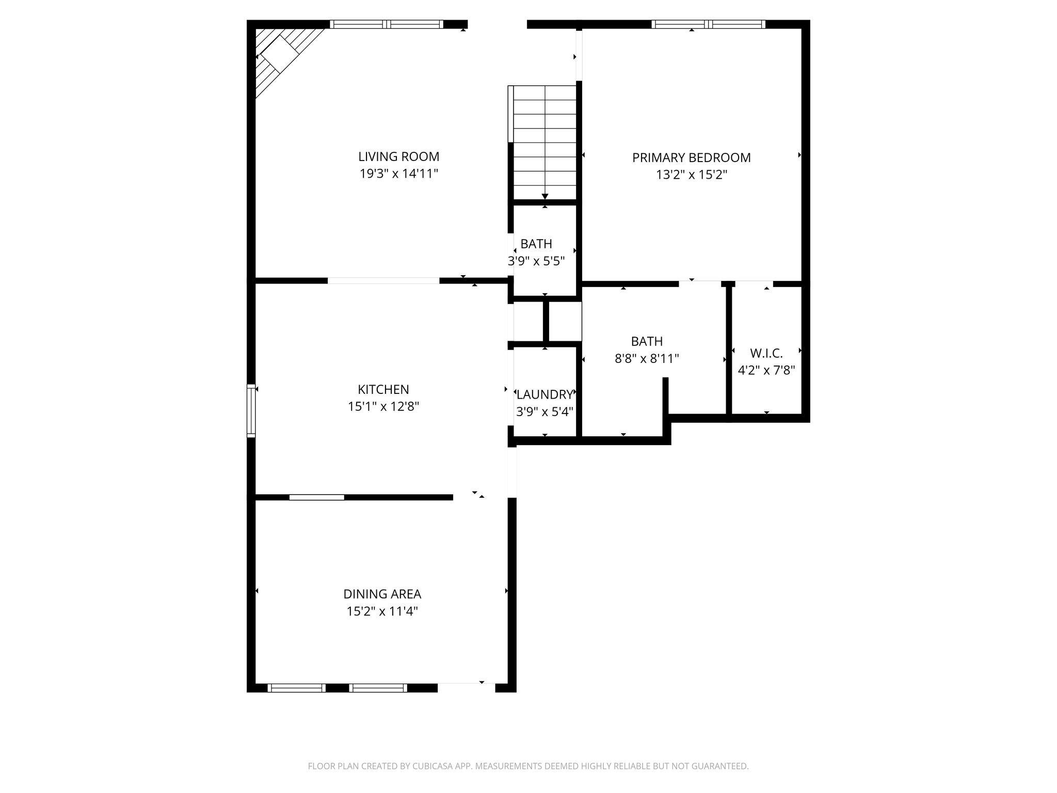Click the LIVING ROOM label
(x=398, y=156)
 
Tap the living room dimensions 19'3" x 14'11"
(x=398, y=173)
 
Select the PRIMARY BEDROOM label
(x=691, y=157)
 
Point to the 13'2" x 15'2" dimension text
(x=691, y=175)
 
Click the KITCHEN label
(x=383, y=389)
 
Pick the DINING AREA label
(x=382, y=594)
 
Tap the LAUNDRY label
(x=544, y=394)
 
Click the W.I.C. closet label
(x=766, y=353)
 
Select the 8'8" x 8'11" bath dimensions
(x=647, y=358)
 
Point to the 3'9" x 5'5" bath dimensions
(x=536, y=261)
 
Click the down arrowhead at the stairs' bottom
(x=545, y=196)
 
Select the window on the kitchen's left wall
(x=251, y=411)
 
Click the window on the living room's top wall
(x=387, y=24)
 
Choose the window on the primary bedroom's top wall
(x=708, y=24)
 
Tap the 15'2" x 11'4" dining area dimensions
(x=382, y=612)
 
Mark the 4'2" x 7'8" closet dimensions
(x=766, y=370)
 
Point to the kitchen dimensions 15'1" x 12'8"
(x=383, y=407)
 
